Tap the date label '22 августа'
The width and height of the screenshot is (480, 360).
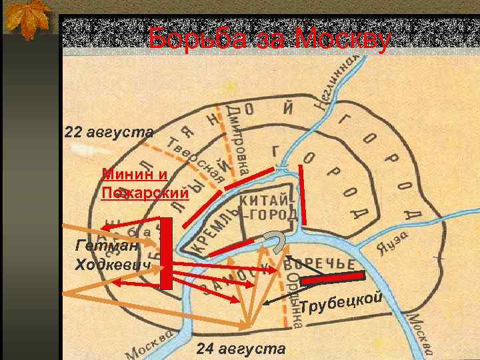point(109,131)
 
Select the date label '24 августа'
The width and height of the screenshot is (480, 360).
point(241,349)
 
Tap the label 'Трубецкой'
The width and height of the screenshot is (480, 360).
point(340,301)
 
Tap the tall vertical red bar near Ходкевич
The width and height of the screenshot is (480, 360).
point(167,253)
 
